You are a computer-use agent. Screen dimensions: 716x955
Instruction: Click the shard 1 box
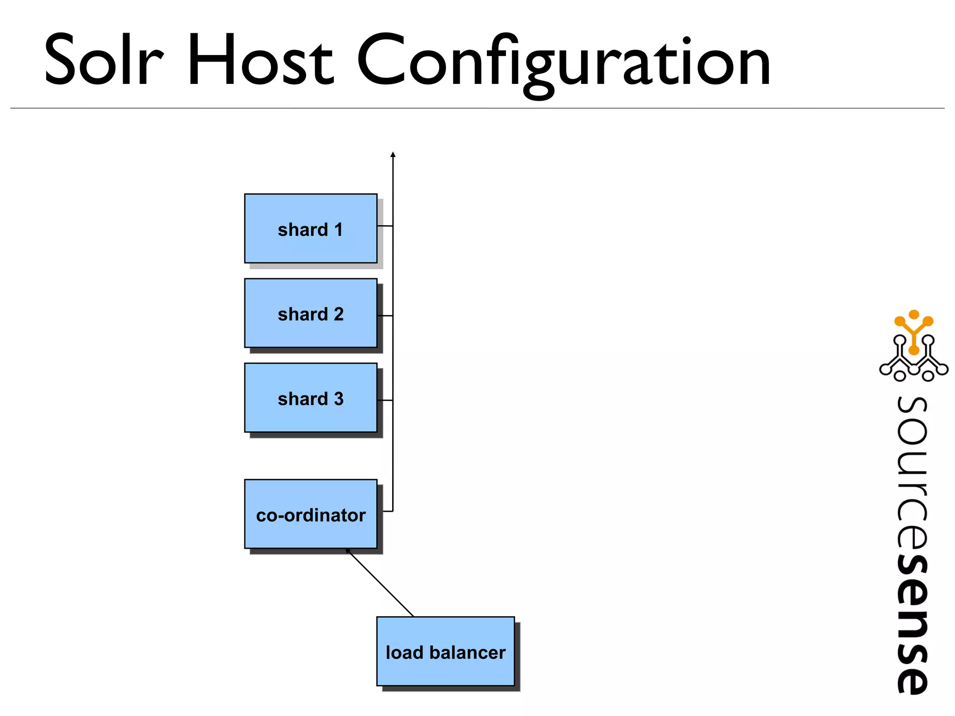311,228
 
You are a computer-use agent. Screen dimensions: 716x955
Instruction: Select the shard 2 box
311,313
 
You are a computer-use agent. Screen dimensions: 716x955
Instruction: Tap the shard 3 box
311,398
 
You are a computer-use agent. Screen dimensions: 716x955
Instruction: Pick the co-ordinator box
311,514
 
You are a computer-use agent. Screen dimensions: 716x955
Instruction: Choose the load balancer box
445,651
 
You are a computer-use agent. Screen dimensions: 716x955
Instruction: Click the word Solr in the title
104,61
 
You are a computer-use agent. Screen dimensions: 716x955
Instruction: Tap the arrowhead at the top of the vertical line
393,154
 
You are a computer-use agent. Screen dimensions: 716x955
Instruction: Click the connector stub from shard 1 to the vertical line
385,226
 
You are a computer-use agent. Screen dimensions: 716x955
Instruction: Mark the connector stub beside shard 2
385,316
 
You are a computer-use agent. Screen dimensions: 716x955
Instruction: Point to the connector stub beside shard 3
385,400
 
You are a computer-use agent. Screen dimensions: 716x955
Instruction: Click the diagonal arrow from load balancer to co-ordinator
380,583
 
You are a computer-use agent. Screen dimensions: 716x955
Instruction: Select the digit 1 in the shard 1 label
339,230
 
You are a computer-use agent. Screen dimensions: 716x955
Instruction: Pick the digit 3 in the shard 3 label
339,399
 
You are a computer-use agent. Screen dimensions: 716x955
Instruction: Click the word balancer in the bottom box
467,653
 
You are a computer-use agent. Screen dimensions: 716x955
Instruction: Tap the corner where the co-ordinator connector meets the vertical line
393,511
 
